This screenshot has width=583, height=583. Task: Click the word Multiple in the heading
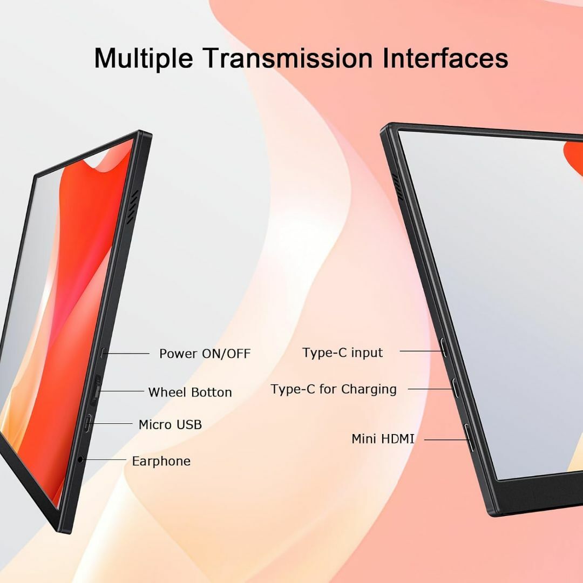[x=144, y=59]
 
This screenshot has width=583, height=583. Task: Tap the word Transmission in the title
[x=288, y=58]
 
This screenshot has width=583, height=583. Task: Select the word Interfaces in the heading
[x=445, y=58]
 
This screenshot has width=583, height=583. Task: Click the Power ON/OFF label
[x=205, y=354]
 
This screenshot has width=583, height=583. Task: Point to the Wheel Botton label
[x=190, y=392]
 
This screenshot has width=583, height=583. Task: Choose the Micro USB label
[x=170, y=424]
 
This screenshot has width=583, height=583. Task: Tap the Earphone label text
[x=161, y=461]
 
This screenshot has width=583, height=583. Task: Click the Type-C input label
[x=342, y=352]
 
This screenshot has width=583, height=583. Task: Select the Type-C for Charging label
[x=334, y=389]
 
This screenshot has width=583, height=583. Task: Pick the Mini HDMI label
[x=383, y=439]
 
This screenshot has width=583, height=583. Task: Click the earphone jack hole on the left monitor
[x=80, y=460]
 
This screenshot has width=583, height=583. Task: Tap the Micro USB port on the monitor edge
[x=88, y=423]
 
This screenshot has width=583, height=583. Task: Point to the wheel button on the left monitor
[x=96, y=390]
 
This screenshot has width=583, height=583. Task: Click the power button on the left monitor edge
[x=103, y=353]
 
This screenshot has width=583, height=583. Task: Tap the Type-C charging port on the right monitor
[x=455, y=388]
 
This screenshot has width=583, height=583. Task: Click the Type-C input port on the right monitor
[x=444, y=348]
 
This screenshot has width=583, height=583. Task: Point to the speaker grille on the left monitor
[x=132, y=207]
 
